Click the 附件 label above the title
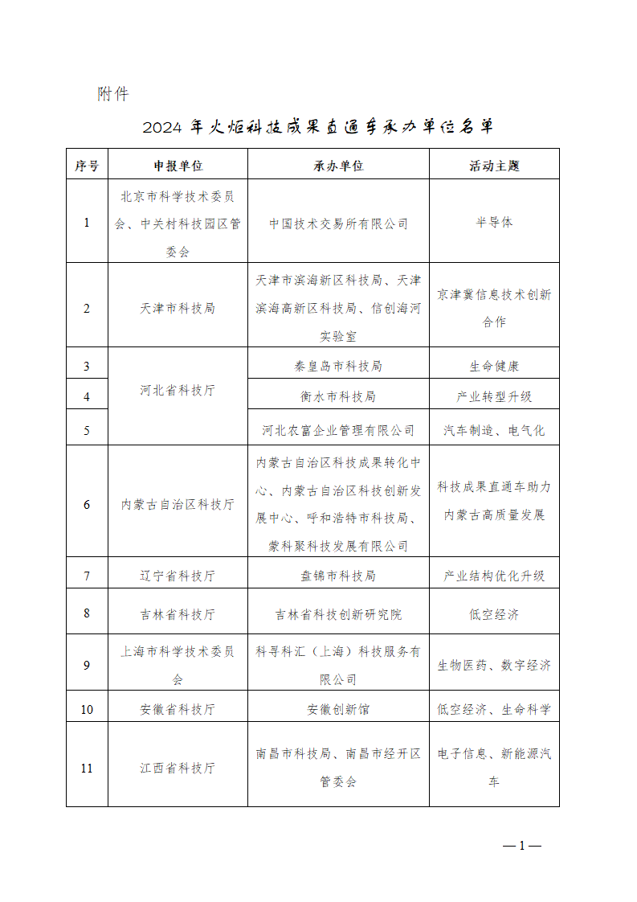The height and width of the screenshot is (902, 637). [113, 94]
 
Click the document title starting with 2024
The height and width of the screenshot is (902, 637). [318, 127]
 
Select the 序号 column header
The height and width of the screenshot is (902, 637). [87, 166]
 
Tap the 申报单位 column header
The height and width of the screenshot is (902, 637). [178, 166]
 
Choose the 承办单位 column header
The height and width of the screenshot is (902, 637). [338, 166]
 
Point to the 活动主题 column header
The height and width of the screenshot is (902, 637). [494, 166]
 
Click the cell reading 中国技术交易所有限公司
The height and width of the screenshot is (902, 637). [338, 223]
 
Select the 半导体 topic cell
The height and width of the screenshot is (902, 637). [494, 223]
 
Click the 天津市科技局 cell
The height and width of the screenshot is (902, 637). [178, 308]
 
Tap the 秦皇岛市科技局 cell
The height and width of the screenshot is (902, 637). [338, 366]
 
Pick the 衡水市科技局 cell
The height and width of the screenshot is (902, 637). [338, 396]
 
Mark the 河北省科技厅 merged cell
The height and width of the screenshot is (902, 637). [178, 391]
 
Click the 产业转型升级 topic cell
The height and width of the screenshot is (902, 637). [494, 396]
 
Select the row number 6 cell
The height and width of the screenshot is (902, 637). [87, 505]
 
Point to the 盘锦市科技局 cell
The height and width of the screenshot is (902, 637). [338, 576]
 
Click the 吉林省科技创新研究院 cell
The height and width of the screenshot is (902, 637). [338, 614]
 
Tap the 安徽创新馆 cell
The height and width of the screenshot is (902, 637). [338, 709]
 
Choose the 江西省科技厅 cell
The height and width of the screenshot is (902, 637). [178, 768]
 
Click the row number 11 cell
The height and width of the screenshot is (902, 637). [87, 768]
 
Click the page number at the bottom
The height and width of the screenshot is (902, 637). [521, 845]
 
